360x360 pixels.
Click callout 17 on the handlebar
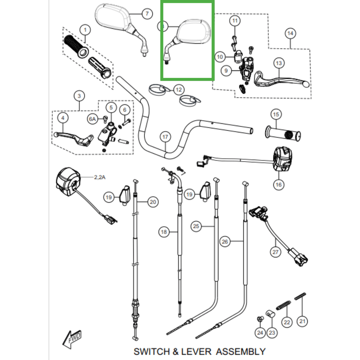pyautogui.click(x=165, y=136)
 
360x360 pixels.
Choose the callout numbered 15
pyautogui.click(x=276, y=114)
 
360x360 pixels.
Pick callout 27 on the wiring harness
pyautogui.click(x=275, y=252)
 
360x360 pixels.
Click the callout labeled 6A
pyautogui.click(x=92, y=119)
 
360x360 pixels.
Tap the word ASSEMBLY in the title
pyautogui.click(x=241, y=351)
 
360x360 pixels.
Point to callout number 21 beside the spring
pyautogui.click(x=302, y=321)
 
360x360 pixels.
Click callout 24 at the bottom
pyautogui.click(x=260, y=333)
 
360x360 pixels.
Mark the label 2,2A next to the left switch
pyautogui.click(x=99, y=177)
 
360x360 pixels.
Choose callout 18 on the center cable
pyautogui.click(x=163, y=232)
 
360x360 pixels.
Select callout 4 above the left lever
pyautogui.click(x=63, y=118)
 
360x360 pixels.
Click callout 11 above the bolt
pyautogui.click(x=234, y=21)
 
